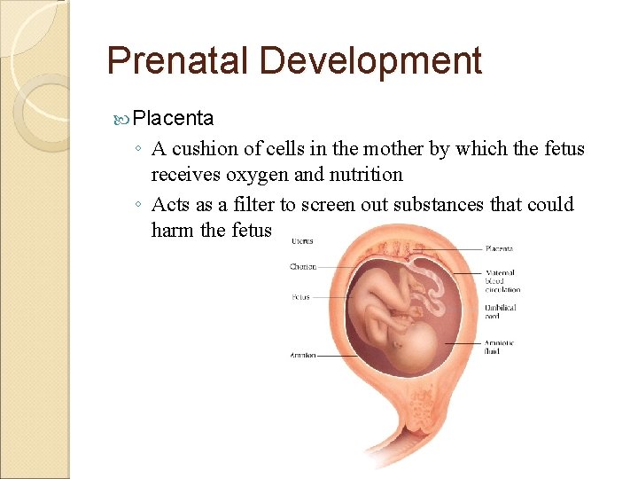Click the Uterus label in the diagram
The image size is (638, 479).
tap(301, 241)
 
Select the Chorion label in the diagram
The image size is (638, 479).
tap(303, 266)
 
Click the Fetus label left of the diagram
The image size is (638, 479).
tap(301, 297)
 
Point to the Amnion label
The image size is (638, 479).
tap(302, 356)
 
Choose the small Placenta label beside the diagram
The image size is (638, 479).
tap(498, 249)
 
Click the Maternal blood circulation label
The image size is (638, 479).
tap(502, 281)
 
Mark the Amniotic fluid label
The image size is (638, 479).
tap(499, 347)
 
